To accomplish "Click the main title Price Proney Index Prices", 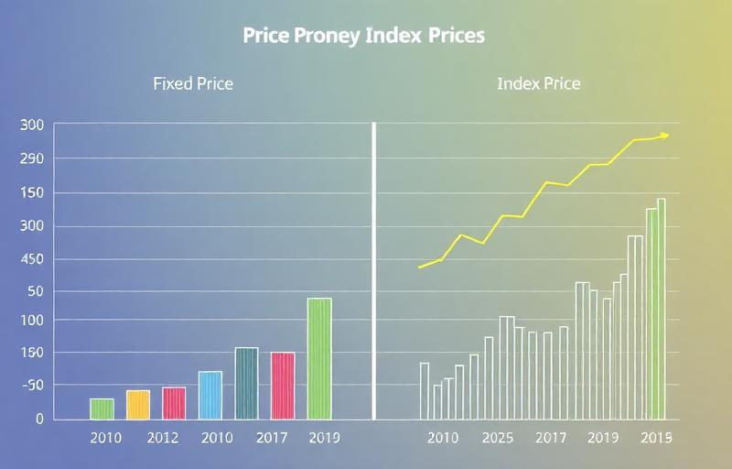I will pyautogui.click(x=364, y=36).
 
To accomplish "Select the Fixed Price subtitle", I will pyautogui.click(x=192, y=83).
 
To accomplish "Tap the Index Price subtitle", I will pyautogui.click(x=538, y=83).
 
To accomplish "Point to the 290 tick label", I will pyautogui.click(x=32, y=159).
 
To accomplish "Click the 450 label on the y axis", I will pyautogui.click(x=32, y=259).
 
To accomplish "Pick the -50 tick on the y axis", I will pyautogui.click(x=32, y=386).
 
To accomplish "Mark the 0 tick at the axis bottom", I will pyautogui.click(x=38, y=419).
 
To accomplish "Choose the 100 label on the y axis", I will pyautogui.click(x=32, y=321).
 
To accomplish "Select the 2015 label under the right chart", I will pyautogui.click(x=656, y=438).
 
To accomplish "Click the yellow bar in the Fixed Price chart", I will pyautogui.click(x=137, y=404).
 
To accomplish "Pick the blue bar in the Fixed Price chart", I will pyautogui.click(x=210, y=395).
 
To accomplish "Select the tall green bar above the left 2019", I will pyautogui.click(x=319, y=358).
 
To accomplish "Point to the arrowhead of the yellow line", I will pyautogui.click(x=665, y=136).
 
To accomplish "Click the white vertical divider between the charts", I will pyautogui.click(x=374, y=270).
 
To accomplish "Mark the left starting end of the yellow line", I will pyautogui.click(x=419, y=267).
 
